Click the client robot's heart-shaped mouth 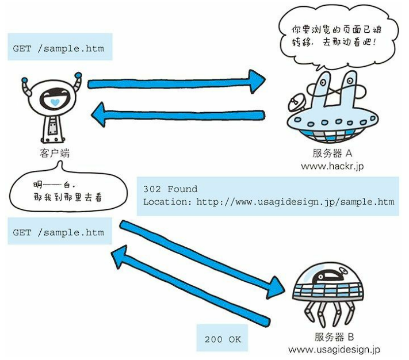(x=55, y=102)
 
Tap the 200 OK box (x=223, y=339)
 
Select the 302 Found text (x=170, y=189)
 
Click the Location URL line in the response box (x=269, y=202)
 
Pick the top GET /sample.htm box (x=58, y=48)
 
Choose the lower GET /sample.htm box (x=58, y=232)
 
